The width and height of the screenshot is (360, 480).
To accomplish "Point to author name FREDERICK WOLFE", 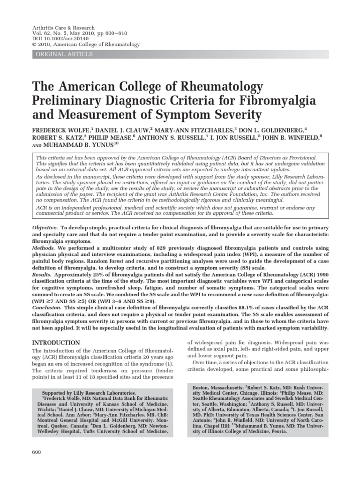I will (x=60, y=129).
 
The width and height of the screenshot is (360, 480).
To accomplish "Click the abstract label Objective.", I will (x=45, y=227).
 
